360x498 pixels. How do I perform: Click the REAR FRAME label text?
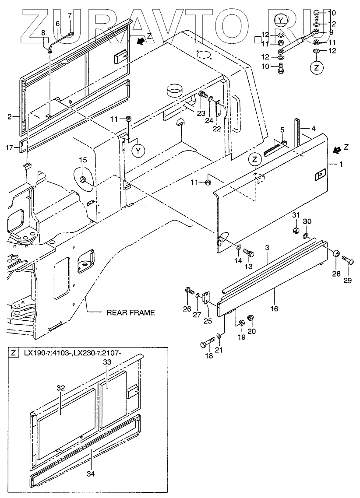pyautogui.click(x=131, y=312)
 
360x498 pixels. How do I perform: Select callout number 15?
pyautogui.click(x=83, y=160)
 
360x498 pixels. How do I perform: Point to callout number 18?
pyautogui.click(x=209, y=356)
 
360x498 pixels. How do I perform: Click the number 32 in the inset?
pyautogui.click(x=60, y=388)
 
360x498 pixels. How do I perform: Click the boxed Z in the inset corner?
pyautogui.click(x=14, y=353)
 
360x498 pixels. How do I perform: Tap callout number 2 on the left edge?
pyautogui.click(x=10, y=117)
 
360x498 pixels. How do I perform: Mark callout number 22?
pyautogui.click(x=216, y=128)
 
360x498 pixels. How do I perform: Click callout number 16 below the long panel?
pyautogui.click(x=274, y=309)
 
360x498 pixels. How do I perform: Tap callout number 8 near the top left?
pyautogui.click(x=43, y=33)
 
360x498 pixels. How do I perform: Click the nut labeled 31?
pyautogui.click(x=295, y=230)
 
